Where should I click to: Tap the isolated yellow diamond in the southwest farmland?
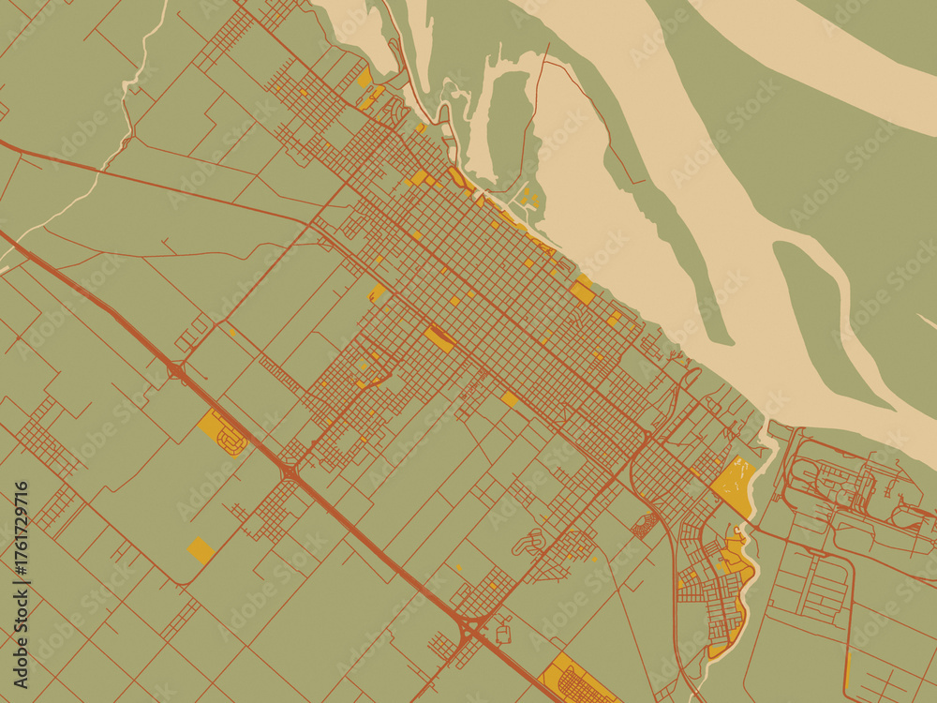click(x=200, y=549)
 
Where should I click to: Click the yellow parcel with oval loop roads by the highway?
click(x=223, y=431)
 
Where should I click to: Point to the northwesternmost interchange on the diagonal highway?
click(x=176, y=371)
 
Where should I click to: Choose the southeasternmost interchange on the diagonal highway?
click(x=471, y=625)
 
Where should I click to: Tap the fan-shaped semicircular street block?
click(x=645, y=525)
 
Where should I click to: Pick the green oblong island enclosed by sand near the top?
click(x=511, y=122)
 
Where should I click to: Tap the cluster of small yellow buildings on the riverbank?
click(x=529, y=198)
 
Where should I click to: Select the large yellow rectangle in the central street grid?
click(x=439, y=338)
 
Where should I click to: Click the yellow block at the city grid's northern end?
click(x=364, y=78)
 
